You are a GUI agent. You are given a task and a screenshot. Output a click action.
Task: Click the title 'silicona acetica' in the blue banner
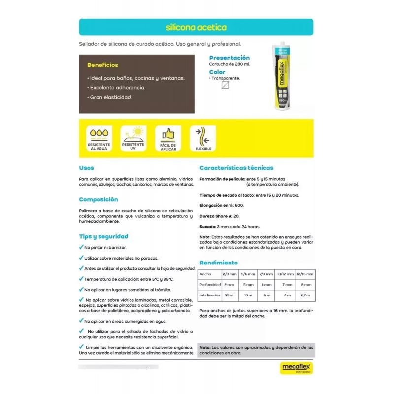coord(196,28)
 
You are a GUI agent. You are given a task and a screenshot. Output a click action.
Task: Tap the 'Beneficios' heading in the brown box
coord(102,65)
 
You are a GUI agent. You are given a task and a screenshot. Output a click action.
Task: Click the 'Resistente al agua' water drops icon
coord(98,138)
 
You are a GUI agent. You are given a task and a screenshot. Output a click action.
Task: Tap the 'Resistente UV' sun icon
coord(133,138)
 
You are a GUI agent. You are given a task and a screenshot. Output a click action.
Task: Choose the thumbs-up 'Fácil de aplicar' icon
coord(168,138)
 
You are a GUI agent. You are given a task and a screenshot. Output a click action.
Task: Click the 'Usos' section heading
coord(86,168)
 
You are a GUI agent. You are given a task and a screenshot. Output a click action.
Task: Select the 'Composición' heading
coord(98,199)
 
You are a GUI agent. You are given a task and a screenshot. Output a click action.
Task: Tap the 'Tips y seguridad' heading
coord(103,236)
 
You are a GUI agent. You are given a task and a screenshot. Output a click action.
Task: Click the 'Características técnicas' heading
coord(236,168)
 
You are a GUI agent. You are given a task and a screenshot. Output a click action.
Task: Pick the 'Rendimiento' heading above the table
coord(219,263)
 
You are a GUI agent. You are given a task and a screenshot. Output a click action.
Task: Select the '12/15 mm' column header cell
coord(304,274)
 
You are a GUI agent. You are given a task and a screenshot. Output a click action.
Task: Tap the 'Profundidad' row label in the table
coord(209,284)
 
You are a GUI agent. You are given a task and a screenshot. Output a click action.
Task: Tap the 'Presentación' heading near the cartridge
coord(230,58)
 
